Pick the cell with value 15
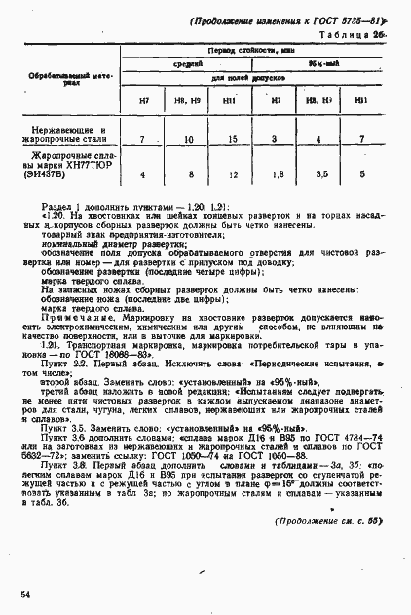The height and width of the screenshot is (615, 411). [x=231, y=140]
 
